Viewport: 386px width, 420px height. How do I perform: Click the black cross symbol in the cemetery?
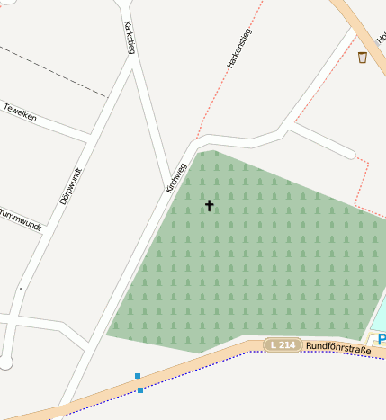(210, 206)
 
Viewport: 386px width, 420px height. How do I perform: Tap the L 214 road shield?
(283, 345)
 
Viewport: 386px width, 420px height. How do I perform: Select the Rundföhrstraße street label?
(337, 346)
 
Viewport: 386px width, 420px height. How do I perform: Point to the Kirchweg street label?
(175, 177)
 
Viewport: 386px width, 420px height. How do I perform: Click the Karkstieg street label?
(130, 37)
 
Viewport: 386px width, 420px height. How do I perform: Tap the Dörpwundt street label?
(70, 186)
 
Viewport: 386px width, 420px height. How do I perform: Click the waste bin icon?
(363, 58)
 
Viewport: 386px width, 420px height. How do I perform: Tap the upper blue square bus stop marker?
(138, 376)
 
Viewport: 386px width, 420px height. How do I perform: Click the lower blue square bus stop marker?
(140, 390)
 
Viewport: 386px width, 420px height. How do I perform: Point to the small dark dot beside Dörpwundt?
(21, 289)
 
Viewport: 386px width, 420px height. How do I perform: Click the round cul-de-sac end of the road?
(6, 362)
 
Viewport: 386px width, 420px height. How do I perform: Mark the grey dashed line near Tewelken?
(54, 70)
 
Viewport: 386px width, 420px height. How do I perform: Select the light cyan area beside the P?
(380, 315)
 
